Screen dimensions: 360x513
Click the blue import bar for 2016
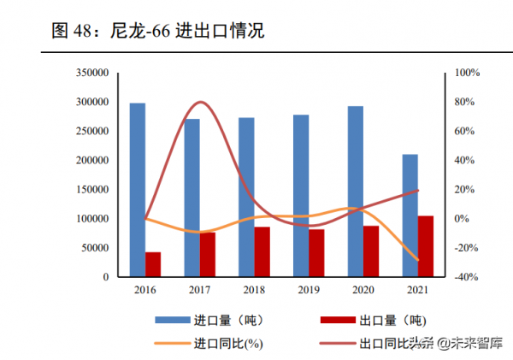137,190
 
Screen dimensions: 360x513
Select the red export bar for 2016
153,264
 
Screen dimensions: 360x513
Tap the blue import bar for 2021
410,215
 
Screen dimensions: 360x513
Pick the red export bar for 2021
425,246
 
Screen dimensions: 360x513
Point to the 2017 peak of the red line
199,103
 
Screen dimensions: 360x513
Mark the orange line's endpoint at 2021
418,260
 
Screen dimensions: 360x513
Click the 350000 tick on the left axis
91,73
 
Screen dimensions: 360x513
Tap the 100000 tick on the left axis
91,219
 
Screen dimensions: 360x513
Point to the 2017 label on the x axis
199,291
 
